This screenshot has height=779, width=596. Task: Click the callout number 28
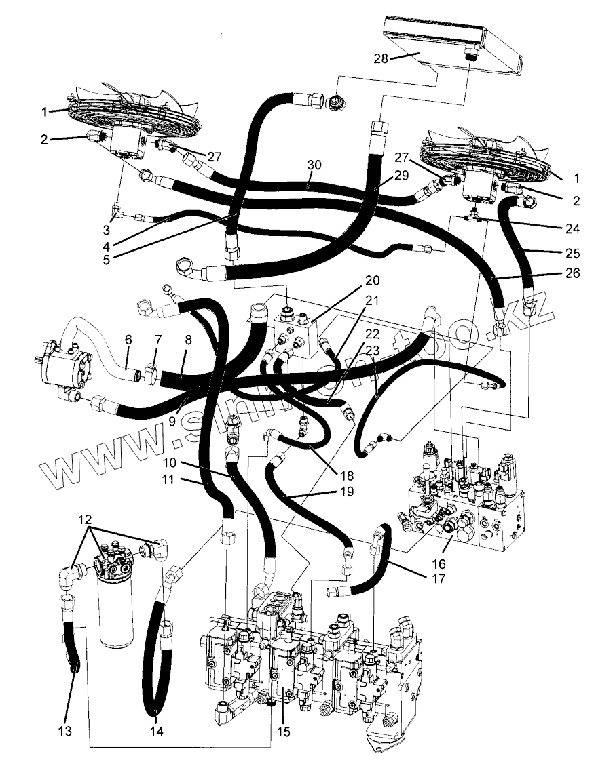tap(380, 58)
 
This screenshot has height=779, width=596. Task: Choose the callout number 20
tap(373, 280)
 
